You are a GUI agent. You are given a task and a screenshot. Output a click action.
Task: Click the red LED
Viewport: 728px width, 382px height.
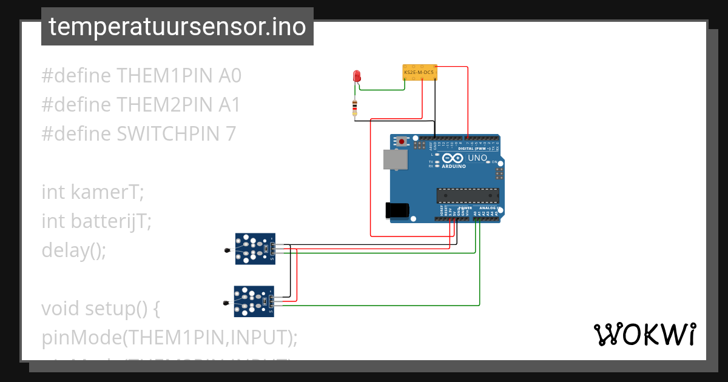pos(357,76)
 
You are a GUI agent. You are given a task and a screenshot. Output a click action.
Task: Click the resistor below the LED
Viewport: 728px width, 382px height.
pos(355,108)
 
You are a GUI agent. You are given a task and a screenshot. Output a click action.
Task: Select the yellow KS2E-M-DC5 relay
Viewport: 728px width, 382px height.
pos(419,73)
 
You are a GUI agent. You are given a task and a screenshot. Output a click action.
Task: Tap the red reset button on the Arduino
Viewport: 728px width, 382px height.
pos(402,142)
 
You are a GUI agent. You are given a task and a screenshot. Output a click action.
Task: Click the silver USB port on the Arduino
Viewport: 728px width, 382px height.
pos(396,159)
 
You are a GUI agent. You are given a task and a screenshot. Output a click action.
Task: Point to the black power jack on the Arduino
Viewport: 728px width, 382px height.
pos(397,210)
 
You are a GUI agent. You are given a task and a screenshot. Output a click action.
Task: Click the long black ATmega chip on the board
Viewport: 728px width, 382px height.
pos(468,195)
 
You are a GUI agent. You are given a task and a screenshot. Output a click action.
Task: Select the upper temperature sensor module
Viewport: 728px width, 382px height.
pos(255,249)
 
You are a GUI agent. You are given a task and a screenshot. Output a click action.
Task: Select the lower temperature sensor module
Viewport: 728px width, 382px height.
pos(254,301)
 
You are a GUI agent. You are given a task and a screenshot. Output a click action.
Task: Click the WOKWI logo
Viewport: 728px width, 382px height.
pos(644,335)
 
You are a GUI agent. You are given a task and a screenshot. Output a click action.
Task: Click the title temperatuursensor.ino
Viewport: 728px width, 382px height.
pos(177,27)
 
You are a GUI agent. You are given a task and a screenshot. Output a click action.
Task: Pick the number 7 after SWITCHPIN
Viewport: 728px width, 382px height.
pos(230,134)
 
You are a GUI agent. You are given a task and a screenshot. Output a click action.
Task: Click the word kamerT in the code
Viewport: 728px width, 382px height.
pos(108,192)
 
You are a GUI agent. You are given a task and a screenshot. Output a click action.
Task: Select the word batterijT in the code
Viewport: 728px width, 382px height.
pos(111,221)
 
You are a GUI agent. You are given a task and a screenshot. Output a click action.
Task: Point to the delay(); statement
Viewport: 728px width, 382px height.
pos(73,250)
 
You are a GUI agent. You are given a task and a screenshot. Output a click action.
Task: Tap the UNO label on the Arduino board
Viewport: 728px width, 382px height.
pos(477,158)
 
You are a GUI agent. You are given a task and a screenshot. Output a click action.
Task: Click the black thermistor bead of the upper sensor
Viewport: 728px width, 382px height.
pos(227,250)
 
